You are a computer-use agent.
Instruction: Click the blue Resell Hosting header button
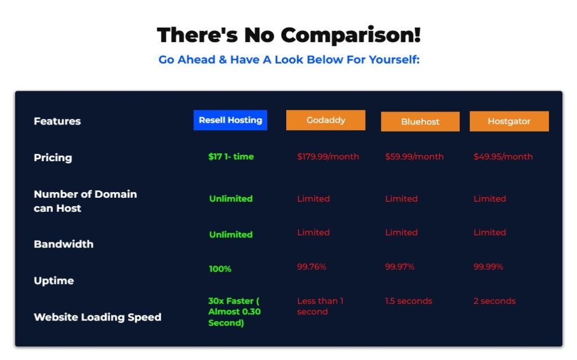[x=230, y=120]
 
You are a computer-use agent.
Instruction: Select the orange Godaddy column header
[x=326, y=120]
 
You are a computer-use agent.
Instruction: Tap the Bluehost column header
[x=420, y=122]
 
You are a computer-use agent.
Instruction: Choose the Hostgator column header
[x=509, y=121]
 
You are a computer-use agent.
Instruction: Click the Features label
[x=57, y=121]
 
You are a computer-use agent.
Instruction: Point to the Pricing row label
[x=53, y=158]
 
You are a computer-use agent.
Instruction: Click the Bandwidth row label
[x=64, y=244]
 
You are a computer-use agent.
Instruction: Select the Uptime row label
[x=54, y=281]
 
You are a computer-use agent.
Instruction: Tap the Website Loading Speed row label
[x=97, y=317]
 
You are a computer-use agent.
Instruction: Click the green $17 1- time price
[x=231, y=157]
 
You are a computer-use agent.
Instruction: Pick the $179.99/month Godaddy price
[x=329, y=157]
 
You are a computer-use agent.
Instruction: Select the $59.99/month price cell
[x=414, y=157]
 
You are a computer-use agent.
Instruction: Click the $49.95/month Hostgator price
[x=503, y=157]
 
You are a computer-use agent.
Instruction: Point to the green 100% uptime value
[x=220, y=269]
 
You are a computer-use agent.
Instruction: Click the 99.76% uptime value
[x=312, y=266]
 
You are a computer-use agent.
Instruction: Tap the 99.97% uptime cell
[x=400, y=266]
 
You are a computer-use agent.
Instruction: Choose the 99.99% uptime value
[x=489, y=266]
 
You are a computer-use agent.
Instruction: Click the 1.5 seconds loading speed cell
[x=409, y=301]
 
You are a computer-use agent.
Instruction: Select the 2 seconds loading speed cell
[x=495, y=301]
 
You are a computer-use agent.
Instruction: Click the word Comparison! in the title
[x=350, y=35]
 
